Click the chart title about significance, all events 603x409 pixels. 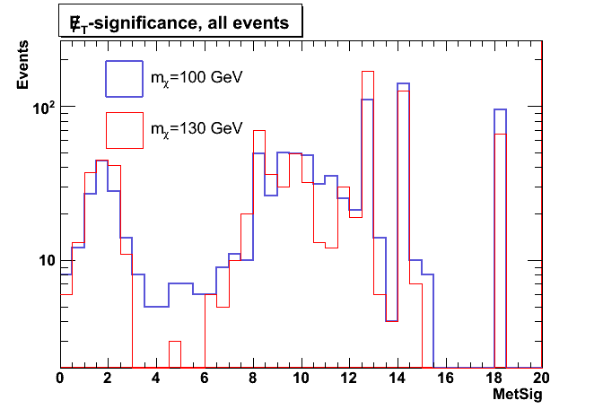click(x=180, y=24)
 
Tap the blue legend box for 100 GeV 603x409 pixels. click(x=124, y=78)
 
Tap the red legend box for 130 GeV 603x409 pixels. click(x=124, y=129)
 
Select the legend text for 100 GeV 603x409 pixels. click(x=197, y=78)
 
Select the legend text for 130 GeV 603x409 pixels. click(x=197, y=129)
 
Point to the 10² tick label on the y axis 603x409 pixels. click(x=43, y=107)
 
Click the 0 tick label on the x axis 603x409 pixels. click(x=60, y=379)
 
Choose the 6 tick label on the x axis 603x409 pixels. click(x=205, y=379)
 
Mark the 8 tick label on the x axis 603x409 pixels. click(x=253, y=379)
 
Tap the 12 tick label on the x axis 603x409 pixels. click(x=349, y=379)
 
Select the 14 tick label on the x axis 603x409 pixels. click(x=398, y=379)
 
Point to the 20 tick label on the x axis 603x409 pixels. click(x=541, y=379)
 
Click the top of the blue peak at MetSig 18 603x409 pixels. click(x=500, y=109)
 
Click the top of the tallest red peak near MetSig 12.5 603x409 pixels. click(x=367, y=72)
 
